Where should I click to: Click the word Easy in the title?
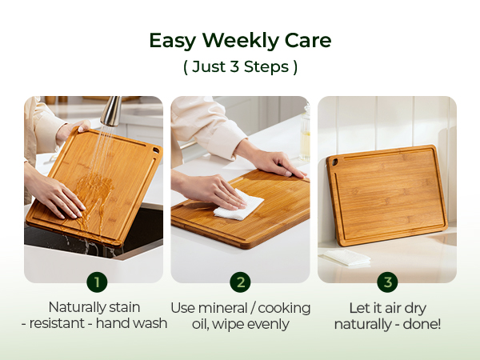coord(172,41)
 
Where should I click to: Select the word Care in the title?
coord(308,41)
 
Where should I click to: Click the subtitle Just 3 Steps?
coord(240,67)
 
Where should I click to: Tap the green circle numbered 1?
coord(97,282)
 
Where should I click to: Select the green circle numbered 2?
coord(240,282)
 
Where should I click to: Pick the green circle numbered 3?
coord(387,282)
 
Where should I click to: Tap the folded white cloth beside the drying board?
coord(346,258)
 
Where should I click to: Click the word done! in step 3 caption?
coord(421,324)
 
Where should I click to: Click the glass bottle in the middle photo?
coord(305,136)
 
